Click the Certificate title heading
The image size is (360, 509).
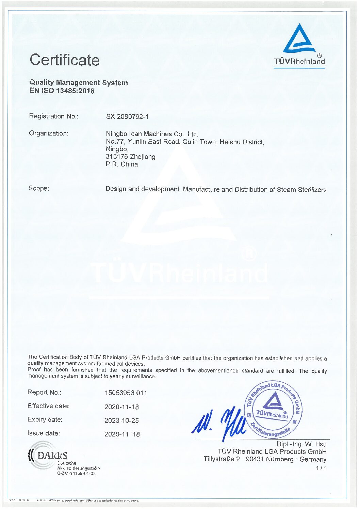click(x=65, y=60)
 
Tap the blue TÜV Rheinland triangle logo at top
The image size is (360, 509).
click(x=299, y=38)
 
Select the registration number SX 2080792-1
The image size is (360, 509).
click(x=127, y=116)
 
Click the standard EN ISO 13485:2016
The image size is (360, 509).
click(x=62, y=91)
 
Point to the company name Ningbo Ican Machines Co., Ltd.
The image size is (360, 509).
click(x=152, y=134)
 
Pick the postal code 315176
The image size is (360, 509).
click(x=117, y=157)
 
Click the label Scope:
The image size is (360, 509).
click(x=39, y=188)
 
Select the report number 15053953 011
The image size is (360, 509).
click(x=126, y=393)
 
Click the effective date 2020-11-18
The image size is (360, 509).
click(x=121, y=407)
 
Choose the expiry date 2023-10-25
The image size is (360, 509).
click(x=121, y=420)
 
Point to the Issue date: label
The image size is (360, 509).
click(x=44, y=433)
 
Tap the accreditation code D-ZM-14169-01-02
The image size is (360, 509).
click(x=76, y=473)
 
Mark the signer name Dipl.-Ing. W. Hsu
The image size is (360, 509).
click(x=301, y=444)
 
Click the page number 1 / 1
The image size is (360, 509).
click(x=321, y=468)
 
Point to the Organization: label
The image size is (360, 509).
click(x=48, y=133)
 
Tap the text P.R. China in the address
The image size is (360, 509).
click(x=122, y=164)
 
